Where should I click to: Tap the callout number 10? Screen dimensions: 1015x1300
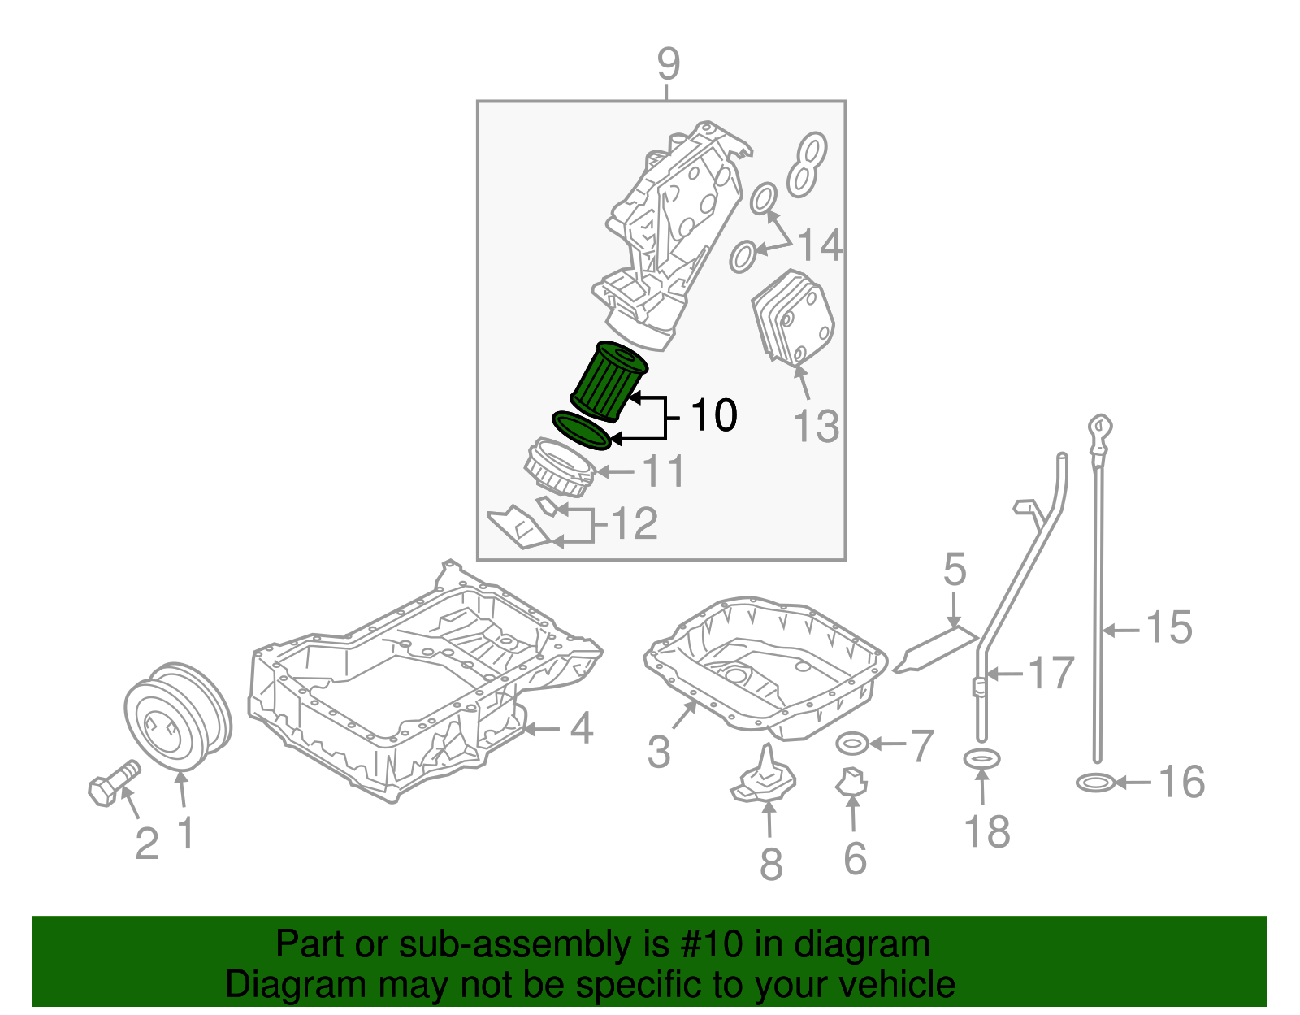(x=713, y=415)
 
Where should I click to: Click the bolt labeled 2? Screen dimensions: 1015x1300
(x=112, y=781)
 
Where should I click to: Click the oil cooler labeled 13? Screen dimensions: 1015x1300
(x=792, y=319)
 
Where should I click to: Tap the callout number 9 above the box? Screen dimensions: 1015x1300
(x=667, y=64)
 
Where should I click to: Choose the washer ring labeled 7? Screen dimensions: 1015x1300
(x=852, y=742)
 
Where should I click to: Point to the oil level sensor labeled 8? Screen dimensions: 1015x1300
(x=764, y=779)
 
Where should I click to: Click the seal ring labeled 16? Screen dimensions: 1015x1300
(x=1094, y=783)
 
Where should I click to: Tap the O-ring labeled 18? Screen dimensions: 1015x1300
(x=981, y=759)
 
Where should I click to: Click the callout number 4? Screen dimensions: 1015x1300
(x=582, y=728)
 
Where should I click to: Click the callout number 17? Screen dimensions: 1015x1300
(x=1051, y=673)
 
